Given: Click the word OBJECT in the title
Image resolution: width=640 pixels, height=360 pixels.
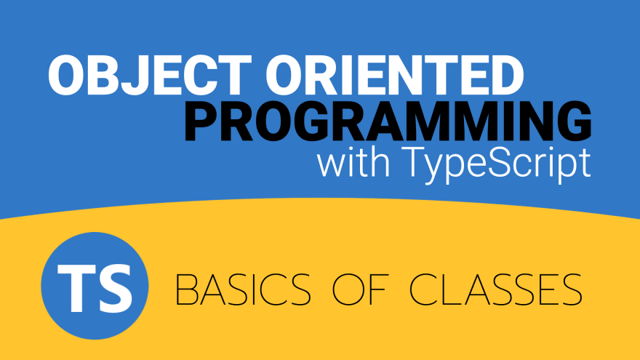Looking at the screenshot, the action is (x=150, y=76).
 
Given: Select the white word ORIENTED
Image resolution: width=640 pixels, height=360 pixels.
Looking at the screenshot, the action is (x=395, y=76).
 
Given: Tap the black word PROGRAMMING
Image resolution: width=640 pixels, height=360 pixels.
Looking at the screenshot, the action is (x=388, y=121).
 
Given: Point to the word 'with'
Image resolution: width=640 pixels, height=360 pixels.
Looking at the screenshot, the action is (x=353, y=162).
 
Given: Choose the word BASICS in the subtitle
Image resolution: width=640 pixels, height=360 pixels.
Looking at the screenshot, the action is (x=243, y=289).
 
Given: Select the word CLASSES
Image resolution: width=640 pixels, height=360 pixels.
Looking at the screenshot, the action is (x=495, y=289).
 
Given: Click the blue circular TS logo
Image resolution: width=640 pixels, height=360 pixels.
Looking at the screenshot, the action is (x=95, y=286).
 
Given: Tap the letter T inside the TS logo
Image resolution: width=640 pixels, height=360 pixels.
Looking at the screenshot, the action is (x=73, y=288).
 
